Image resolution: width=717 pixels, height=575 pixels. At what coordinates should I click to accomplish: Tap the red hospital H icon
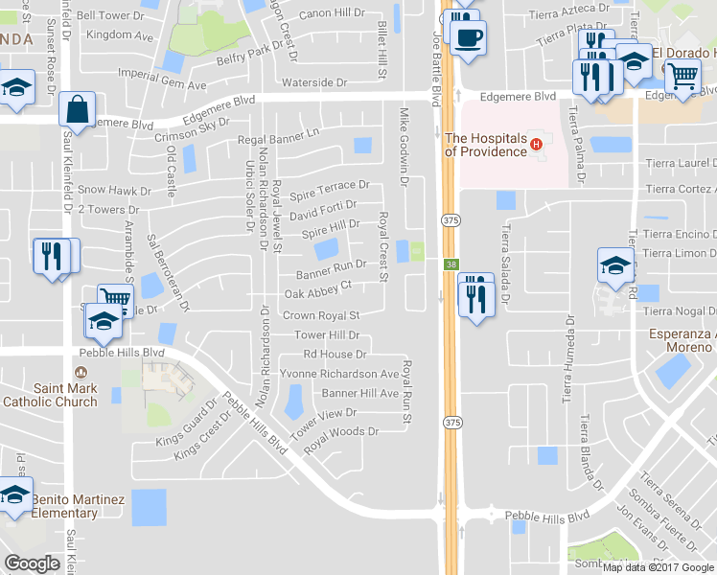[537, 145]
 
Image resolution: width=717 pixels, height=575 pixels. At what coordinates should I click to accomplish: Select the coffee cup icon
[469, 38]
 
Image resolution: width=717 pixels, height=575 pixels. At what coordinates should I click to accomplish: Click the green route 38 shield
[450, 264]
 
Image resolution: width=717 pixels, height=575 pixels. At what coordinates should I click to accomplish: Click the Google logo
[32, 563]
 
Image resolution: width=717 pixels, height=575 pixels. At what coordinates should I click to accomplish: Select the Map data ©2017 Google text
[658, 566]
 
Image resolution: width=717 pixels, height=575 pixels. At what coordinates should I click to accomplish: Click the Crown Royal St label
[320, 315]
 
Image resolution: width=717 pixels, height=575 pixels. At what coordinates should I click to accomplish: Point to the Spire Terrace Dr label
[329, 185]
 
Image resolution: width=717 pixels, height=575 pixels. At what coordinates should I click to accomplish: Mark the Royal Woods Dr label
[341, 432]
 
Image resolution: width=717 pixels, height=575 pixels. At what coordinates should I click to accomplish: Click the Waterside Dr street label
[313, 83]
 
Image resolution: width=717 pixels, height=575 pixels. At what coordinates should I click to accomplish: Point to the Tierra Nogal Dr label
[680, 310]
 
